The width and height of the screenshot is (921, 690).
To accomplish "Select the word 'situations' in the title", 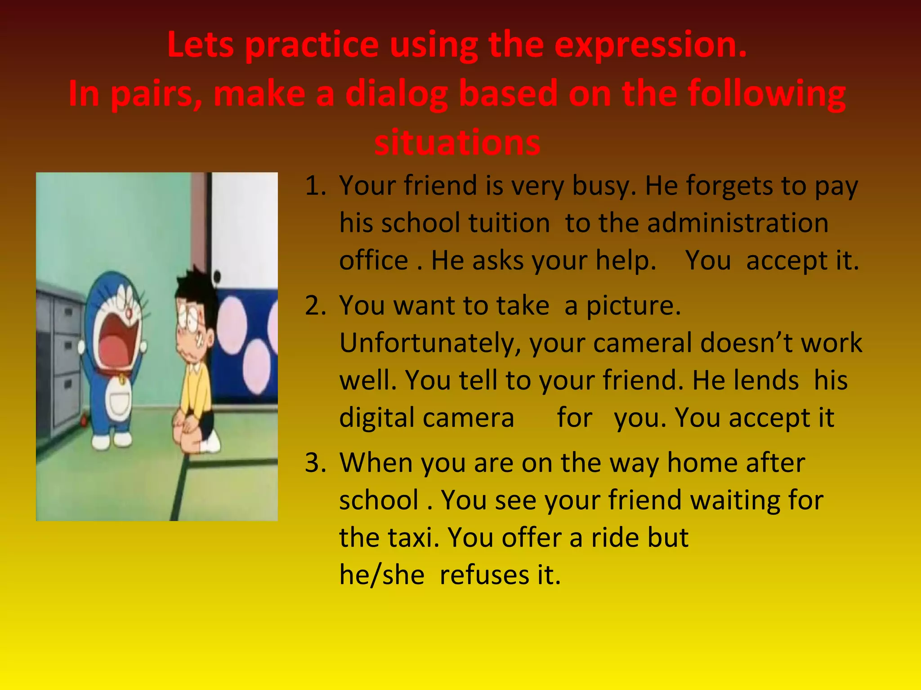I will tap(457, 142).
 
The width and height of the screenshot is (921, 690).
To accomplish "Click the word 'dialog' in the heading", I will tap(396, 95).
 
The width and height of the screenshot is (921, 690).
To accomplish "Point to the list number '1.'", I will tap(315, 186).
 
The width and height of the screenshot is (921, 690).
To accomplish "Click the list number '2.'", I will tap(315, 305).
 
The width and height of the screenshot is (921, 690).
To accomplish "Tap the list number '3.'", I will tap(315, 463).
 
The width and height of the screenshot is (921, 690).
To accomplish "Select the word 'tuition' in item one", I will tap(509, 223).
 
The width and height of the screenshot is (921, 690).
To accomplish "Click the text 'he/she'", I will tap(381, 575).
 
